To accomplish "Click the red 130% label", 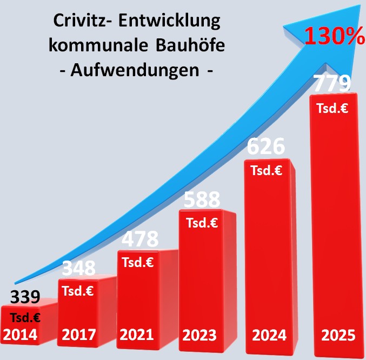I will [x=334, y=36].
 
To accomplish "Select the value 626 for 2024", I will [x=265, y=146].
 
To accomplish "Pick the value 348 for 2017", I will [x=78, y=268].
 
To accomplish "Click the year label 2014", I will [x=20, y=335].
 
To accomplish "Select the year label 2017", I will [x=79, y=335].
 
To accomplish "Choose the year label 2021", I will [x=137, y=335].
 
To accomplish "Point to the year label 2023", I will [x=199, y=335].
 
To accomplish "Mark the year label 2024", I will [x=269, y=335].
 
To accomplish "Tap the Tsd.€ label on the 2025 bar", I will [x=332, y=108].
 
